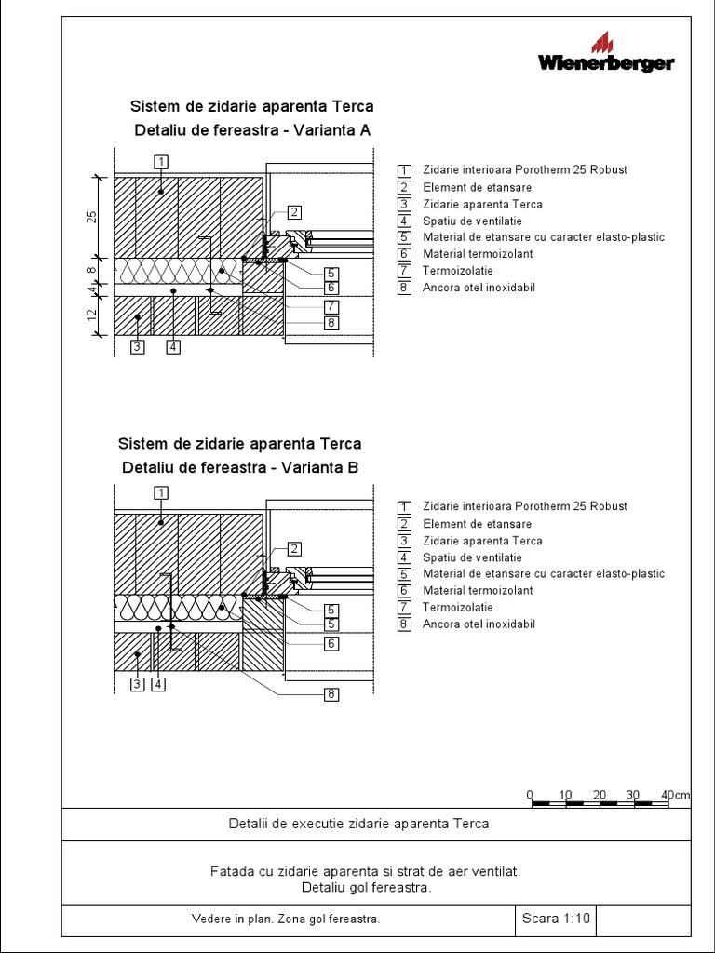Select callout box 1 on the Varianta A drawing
[x=161, y=162]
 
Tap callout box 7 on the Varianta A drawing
[x=331, y=305]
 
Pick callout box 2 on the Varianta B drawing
[x=293, y=549]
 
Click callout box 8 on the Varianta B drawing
[x=331, y=693]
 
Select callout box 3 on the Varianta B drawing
[x=137, y=684]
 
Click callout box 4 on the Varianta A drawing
[x=173, y=347]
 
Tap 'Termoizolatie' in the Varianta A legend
[x=457, y=271]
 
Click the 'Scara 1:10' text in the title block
[x=556, y=919]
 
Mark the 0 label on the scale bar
[x=530, y=794]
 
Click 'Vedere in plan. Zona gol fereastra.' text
[x=286, y=919]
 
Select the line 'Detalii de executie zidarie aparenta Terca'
[x=358, y=824]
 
